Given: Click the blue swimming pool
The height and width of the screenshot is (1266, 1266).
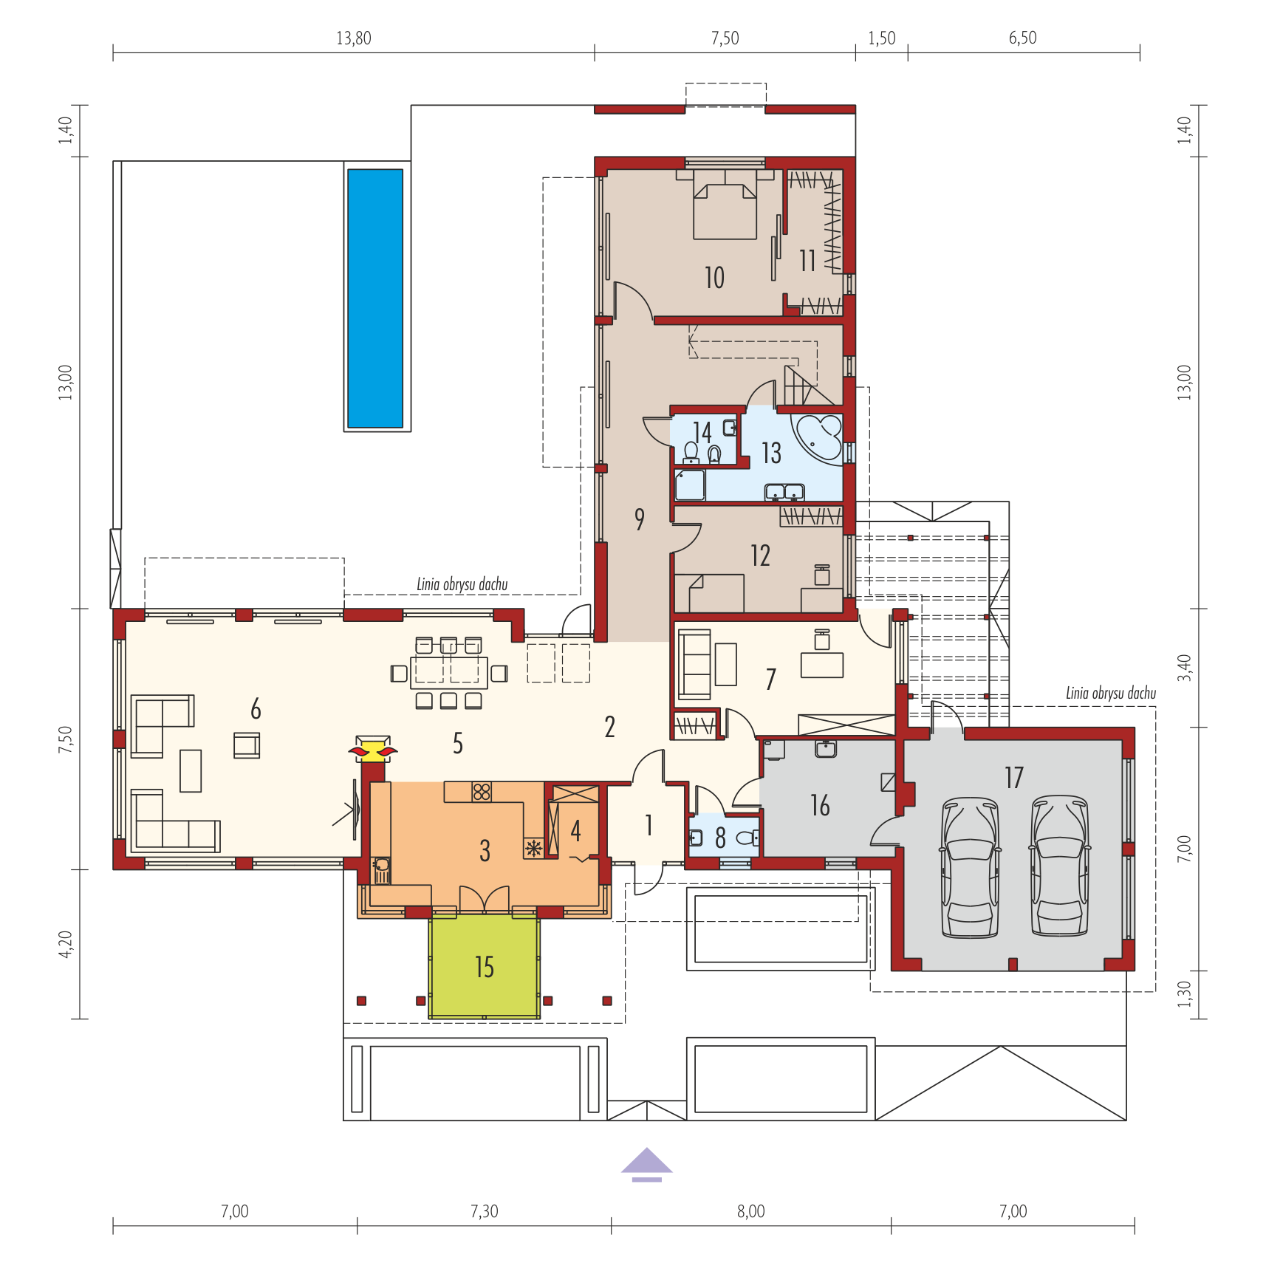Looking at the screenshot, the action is pyautogui.click(x=375, y=298).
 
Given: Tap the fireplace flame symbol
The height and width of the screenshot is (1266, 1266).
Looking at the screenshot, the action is pyautogui.click(x=373, y=752).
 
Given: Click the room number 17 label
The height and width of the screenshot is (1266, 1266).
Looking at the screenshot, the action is pyautogui.click(x=1014, y=777).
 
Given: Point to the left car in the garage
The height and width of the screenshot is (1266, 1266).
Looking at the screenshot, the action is pyautogui.click(x=971, y=867).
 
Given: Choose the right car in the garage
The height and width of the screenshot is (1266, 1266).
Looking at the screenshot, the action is pyautogui.click(x=1060, y=866).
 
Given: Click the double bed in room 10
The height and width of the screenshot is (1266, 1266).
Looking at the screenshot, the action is pyautogui.click(x=725, y=205).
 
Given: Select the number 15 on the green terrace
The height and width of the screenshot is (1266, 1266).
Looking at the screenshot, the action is pyautogui.click(x=485, y=967).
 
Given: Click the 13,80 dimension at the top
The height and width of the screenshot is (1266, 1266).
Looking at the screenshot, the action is pyautogui.click(x=354, y=38).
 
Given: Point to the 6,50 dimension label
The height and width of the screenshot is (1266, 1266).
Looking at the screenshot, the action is pyautogui.click(x=1023, y=38).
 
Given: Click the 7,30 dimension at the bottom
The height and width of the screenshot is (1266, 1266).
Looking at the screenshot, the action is pyautogui.click(x=485, y=1211).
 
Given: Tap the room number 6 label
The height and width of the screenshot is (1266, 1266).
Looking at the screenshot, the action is pyautogui.click(x=256, y=709).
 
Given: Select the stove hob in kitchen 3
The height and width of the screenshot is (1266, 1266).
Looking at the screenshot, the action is pyautogui.click(x=482, y=792).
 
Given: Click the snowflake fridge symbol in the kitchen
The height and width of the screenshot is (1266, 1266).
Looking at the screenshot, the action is pyautogui.click(x=533, y=848).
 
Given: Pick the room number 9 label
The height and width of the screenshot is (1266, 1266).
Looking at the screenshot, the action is pyautogui.click(x=640, y=519).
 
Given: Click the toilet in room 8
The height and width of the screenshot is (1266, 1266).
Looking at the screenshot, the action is pyautogui.click(x=746, y=838).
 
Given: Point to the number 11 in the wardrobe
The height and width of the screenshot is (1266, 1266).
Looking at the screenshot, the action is pyautogui.click(x=807, y=260).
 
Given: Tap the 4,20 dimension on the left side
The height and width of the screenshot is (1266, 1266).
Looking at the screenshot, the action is pyautogui.click(x=66, y=944).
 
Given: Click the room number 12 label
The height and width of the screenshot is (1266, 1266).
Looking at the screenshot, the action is pyautogui.click(x=761, y=555).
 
